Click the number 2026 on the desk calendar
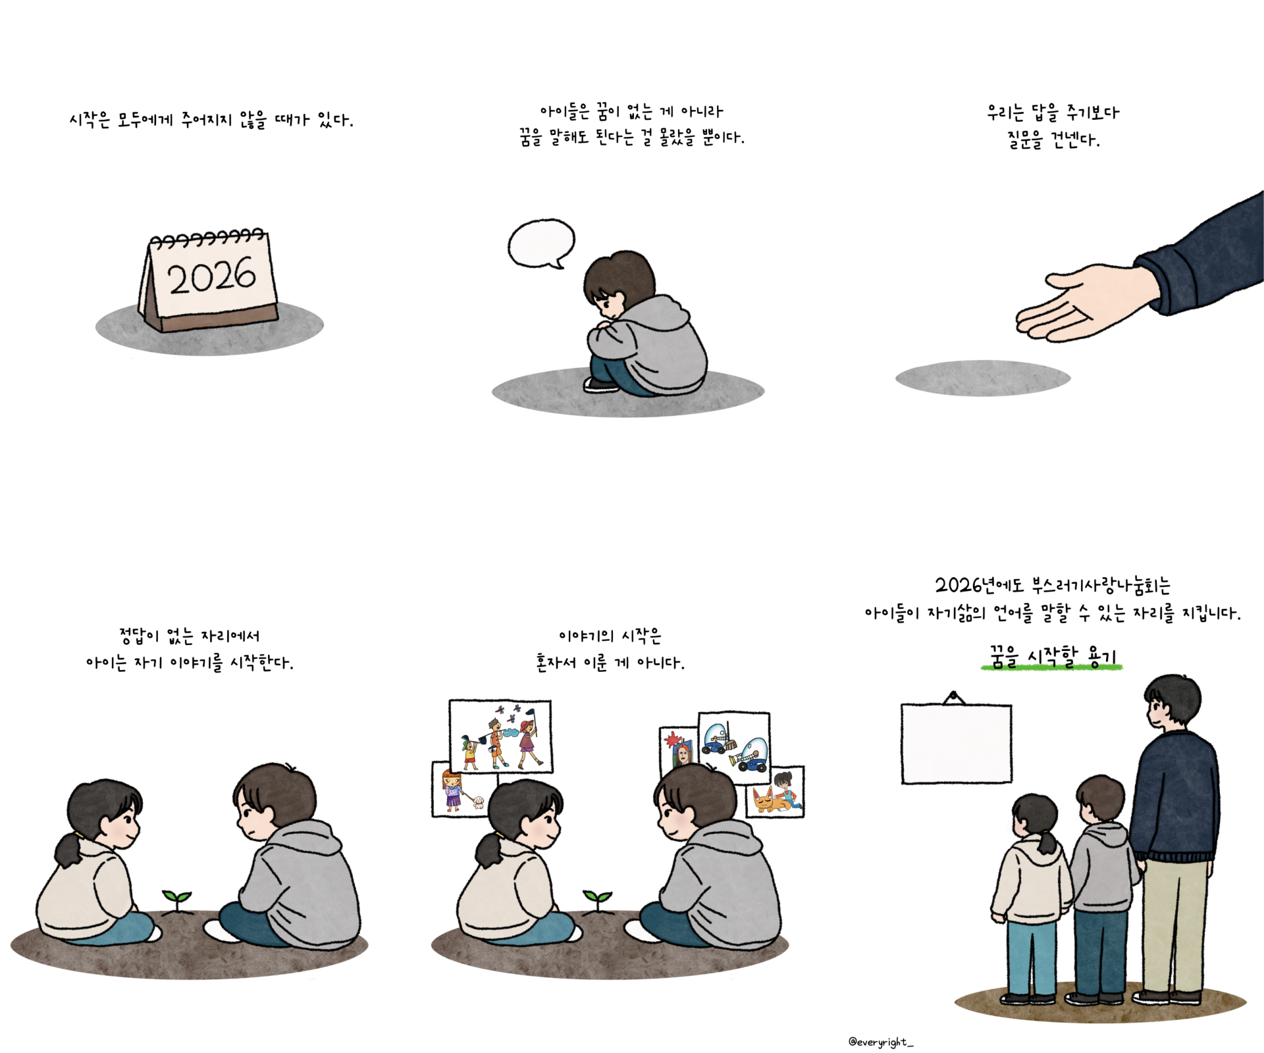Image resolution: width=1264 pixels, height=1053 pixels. pyautogui.click(x=211, y=276)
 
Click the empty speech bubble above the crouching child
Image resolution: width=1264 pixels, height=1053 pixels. pyautogui.click(x=542, y=244)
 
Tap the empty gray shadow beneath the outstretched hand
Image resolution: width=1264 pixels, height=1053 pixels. pyautogui.click(x=983, y=378)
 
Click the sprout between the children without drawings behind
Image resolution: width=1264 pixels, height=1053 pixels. pyautogui.click(x=177, y=900)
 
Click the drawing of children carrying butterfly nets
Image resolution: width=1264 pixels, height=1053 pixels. pyautogui.click(x=500, y=736)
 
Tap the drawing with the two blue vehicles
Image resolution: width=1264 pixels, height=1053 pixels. pyautogui.click(x=734, y=748)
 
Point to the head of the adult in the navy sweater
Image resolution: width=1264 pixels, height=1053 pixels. pyautogui.click(x=1172, y=702)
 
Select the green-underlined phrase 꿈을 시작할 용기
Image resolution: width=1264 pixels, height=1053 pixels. pyautogui.click(x=1052, y=657)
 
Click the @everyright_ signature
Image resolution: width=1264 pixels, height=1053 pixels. pyautogui.click(x=881, y=1042)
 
